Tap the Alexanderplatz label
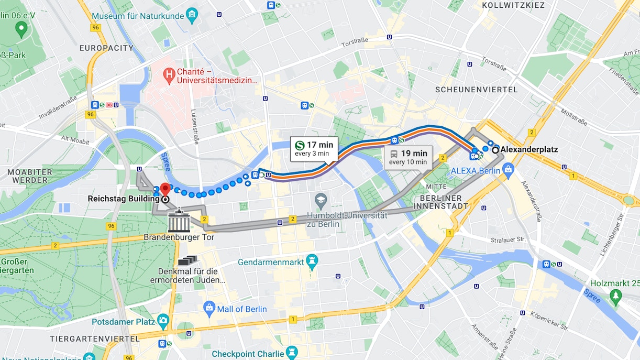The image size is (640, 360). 529,149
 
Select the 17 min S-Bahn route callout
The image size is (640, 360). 313,149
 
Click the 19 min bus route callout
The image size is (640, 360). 407,157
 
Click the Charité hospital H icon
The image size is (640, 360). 169,75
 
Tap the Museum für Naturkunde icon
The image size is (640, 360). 192,13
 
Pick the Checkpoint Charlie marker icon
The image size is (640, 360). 292,352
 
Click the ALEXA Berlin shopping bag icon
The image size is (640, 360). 507,169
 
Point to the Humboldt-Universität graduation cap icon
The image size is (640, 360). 321,200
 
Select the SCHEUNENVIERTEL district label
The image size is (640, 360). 476,90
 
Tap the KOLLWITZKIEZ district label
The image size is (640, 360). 513,5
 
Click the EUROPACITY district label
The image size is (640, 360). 106,48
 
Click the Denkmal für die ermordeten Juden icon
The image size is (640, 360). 187,260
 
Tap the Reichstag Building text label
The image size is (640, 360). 123,199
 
